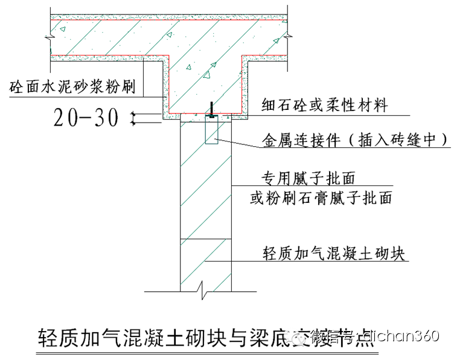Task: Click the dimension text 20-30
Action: tap(86, 118)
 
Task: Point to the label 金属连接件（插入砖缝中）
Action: tap(355, 140)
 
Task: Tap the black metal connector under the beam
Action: tap(211, 110)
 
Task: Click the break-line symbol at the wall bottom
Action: tap(206, 294)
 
